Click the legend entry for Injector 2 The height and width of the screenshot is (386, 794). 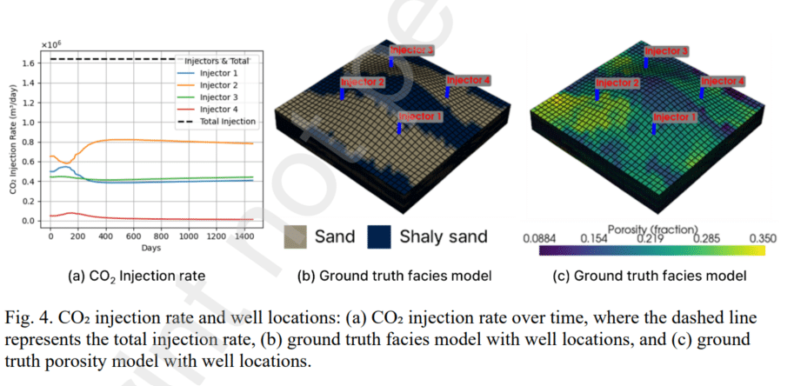217,85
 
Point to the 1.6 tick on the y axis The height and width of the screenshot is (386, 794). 29,63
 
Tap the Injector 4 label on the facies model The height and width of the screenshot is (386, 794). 469,80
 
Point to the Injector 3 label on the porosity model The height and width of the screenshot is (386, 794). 666,51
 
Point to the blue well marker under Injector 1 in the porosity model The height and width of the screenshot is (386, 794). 654,128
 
